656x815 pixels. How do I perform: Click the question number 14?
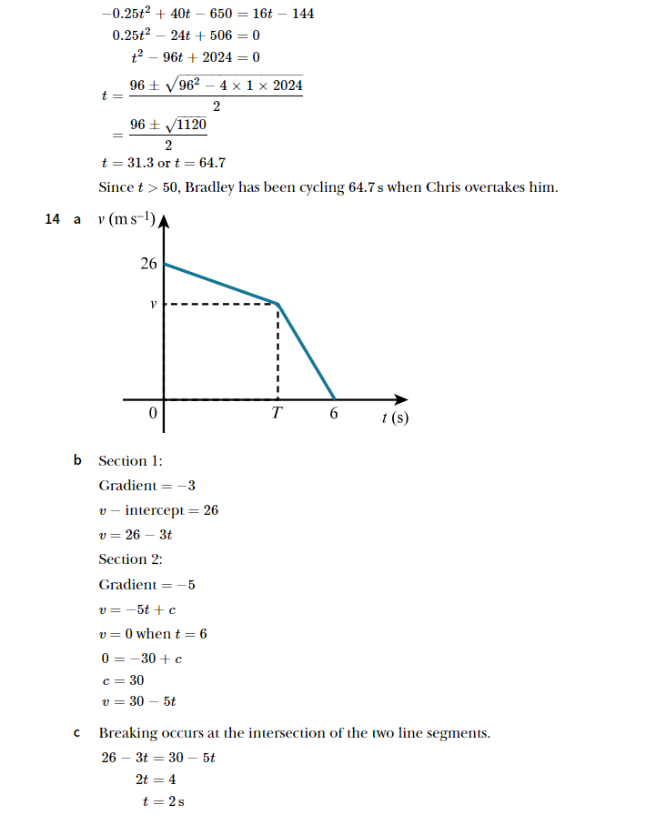(x=52, y=218)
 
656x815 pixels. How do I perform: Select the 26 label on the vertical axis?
(x=148, y=264)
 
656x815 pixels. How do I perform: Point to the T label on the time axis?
(x=277, y=414)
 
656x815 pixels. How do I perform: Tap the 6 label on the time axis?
(x=334, y=414)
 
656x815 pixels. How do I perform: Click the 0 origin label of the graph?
(x=153, y=414)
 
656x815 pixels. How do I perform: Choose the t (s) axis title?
(x=395, y=418)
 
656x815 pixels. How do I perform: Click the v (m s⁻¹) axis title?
(x=126, y=220)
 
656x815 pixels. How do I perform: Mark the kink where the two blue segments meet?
(x=277, y=303)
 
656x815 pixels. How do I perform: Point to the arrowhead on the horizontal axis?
(x=401, y=398)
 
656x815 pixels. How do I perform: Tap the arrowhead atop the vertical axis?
(x=164, y=221)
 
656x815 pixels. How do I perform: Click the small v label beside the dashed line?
(x=153, y=305)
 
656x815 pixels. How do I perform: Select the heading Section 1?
(x=130, y=461)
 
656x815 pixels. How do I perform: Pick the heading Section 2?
(x=130, y=559)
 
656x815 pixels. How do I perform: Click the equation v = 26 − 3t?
(x=136, y=535)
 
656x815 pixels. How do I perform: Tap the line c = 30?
(x=122, y=679)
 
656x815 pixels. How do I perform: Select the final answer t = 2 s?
(x=164, y=801)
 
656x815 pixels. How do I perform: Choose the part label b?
(x=77, y=461)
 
